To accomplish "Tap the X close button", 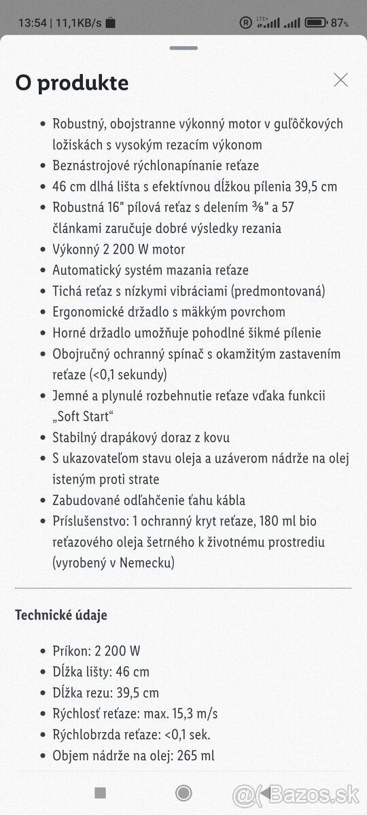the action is [340, 80].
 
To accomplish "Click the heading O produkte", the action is [72, 83].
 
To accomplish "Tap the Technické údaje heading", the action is [61, 615].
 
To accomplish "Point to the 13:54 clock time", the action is [32, 23].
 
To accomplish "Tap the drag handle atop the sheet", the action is [183, 48].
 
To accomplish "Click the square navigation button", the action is [101, 793].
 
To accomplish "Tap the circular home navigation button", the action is [183, 793].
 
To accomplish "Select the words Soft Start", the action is [84, 417].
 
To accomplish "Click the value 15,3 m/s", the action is [197, 714].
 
